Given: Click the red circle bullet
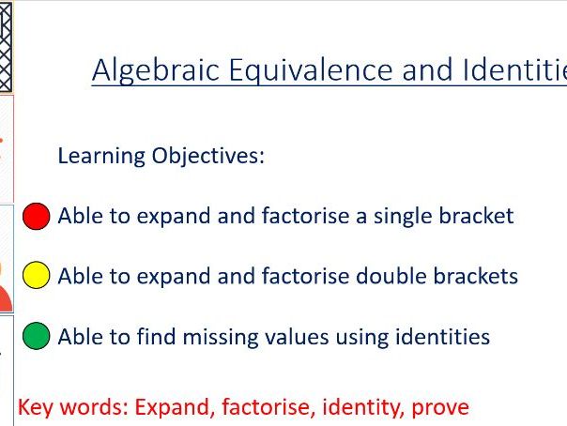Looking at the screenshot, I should (36, 217).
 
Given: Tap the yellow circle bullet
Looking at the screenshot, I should (36, 276).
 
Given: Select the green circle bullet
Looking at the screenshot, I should (36, 336).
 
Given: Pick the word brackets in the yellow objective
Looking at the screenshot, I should (478, 276).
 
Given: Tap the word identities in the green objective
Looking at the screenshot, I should (445, 336).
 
